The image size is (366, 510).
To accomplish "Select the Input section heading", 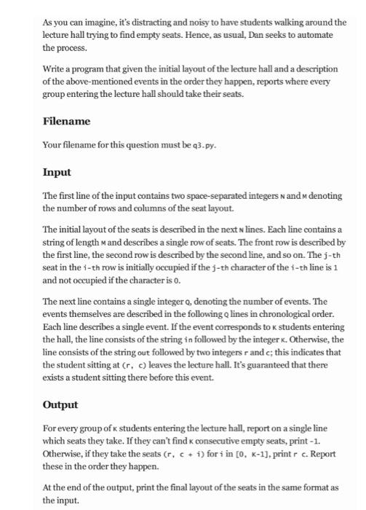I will click(x=57, y=173).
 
